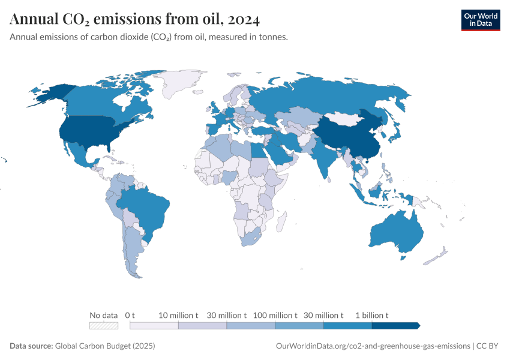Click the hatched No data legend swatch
(103, 326)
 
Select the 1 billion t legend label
(371, 315)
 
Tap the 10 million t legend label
(178, 315)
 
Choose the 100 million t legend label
(275, 315)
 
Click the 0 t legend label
(130, 315)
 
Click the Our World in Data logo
(480, 20)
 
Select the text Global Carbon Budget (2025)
(105, 346)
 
